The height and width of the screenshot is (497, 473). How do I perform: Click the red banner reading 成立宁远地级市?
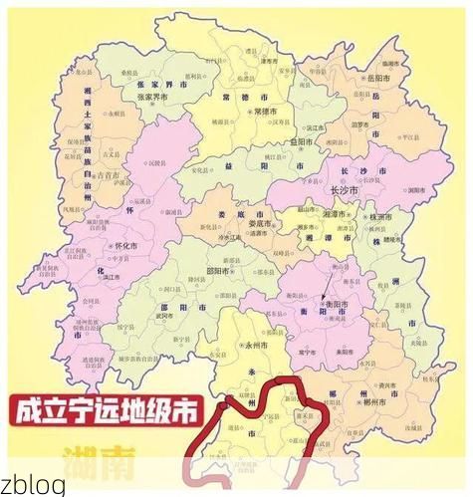[x=104, y=410]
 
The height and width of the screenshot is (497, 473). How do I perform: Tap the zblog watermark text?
[x=34, y=485]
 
